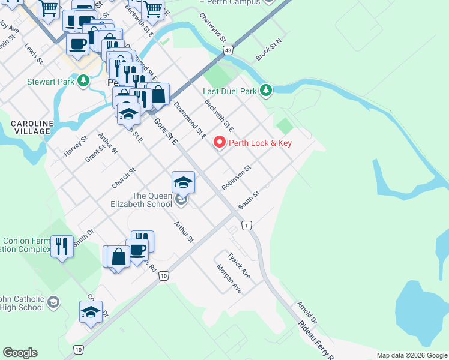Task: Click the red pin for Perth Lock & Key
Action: click(x=219, y=143)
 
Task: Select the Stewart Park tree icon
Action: click(x=83, y=81)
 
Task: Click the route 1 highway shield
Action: click(x=246, y=225)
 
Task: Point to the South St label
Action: click(x=248, y=200)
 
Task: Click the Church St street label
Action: click(x=124, y=178)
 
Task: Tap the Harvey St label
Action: click(x=76, y=146)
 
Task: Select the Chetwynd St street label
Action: click(x=212, y=28)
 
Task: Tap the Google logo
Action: click(x=20, y=353)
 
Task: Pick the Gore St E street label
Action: click(x=166, y=131)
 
